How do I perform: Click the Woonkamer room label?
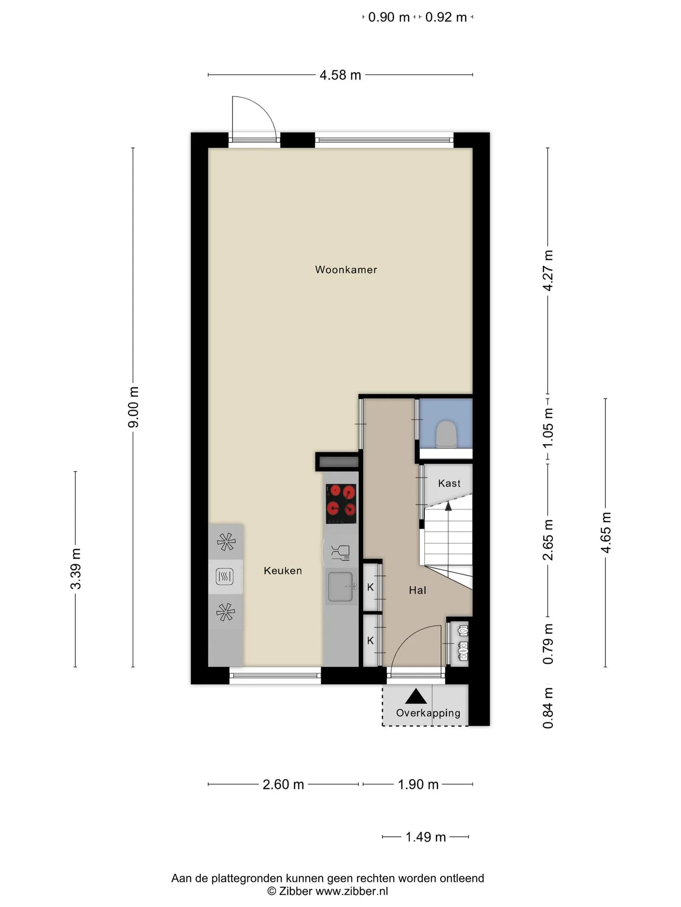point(346,270)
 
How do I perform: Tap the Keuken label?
point(283,571)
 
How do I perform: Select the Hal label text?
point(418,590)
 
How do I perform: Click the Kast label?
point(449,483)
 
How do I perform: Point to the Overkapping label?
point(428,713)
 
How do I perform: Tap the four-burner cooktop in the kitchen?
point(341,504)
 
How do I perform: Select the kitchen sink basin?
point(340,587)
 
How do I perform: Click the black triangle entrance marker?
point(416,696)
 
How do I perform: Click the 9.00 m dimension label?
point(133,407)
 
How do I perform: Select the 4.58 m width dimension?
point(340,75)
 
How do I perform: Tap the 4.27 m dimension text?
point(548,271)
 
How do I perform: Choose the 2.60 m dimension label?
point(283,785)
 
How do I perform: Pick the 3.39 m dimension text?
point(76,569)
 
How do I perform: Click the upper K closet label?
point(370,587)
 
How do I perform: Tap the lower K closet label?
point(370,641)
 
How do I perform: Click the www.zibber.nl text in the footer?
point(352,891)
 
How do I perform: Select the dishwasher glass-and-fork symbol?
point(340,552)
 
